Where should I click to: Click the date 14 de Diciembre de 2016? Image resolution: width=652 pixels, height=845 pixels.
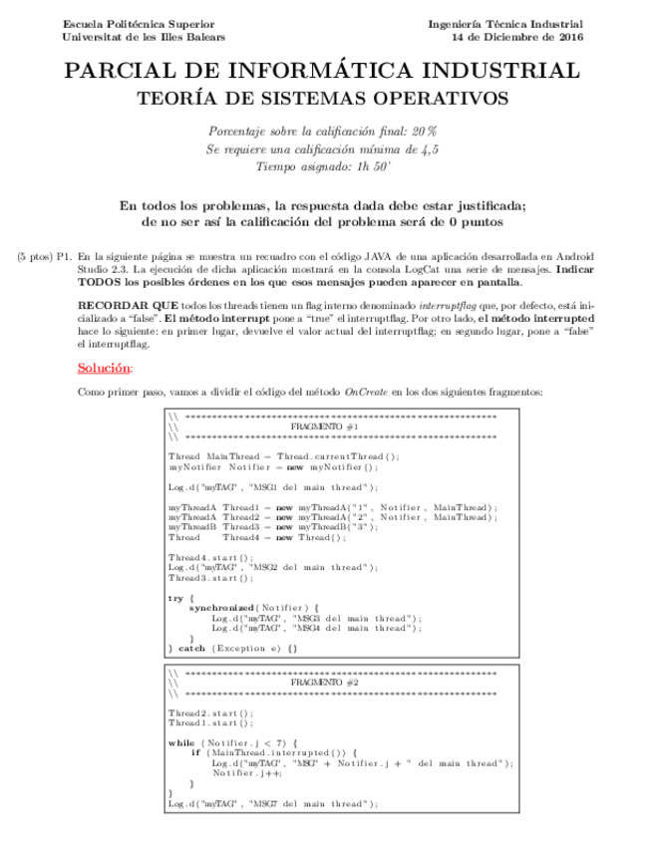click(x=517, y=37)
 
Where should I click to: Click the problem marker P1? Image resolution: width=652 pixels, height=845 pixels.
click(x=65, y=256)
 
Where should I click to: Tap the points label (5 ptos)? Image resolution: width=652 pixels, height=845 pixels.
click(x=33, y=256)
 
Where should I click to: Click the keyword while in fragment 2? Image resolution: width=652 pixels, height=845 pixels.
click(x=181, y=742)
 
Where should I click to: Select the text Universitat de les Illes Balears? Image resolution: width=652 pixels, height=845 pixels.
click(x=144, y=37)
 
